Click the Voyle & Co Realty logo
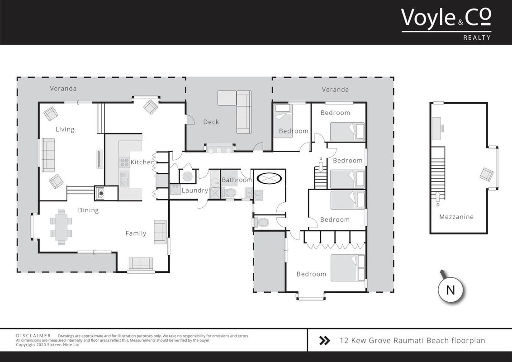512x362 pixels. point(446,24)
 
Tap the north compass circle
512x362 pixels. point(450,290)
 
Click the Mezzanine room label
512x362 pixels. point(456,217)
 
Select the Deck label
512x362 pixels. point(211,122)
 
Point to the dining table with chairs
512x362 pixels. point(61,227)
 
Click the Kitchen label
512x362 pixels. point(142,162)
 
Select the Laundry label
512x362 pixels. point(194,191)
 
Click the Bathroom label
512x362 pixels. point(237,180)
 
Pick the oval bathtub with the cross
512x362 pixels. point(270,178)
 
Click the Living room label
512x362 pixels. point(65,129)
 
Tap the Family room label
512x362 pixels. point(136,233)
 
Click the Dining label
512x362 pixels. point(88,210)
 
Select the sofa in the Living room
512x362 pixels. point(48,155)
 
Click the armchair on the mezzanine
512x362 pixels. point(487,174)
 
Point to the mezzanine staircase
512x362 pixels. point(438,172)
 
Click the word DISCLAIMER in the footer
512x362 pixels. point(33,336)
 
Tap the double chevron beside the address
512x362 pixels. point(324,340)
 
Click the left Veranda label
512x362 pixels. point(63,89)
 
